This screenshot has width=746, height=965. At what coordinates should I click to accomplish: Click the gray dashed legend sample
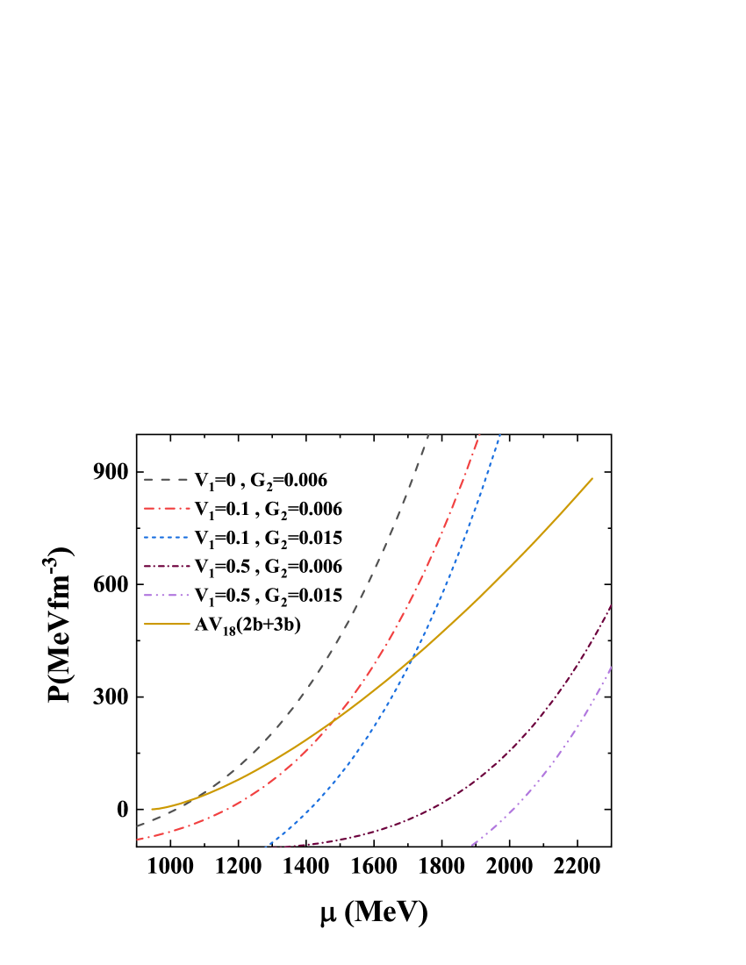point(167,480)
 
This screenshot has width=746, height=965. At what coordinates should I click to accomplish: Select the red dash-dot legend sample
point(167,509)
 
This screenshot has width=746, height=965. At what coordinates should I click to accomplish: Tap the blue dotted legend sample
point(167,537)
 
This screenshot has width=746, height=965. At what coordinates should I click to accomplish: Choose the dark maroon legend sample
point(167,567)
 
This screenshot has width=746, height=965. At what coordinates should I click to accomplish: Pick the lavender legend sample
point(167,596)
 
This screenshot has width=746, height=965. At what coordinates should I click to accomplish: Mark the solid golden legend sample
point(167,625)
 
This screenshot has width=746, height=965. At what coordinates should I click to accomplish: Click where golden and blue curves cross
point(412,656)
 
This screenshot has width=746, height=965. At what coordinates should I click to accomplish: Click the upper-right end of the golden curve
point(592,478)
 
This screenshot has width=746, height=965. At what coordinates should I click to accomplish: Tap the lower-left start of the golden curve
point(152,809)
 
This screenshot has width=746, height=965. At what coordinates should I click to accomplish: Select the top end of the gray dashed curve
point(428,434)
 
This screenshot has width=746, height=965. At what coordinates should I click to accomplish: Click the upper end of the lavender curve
point(611,668)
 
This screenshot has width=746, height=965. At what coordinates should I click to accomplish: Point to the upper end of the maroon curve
point(611,605)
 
